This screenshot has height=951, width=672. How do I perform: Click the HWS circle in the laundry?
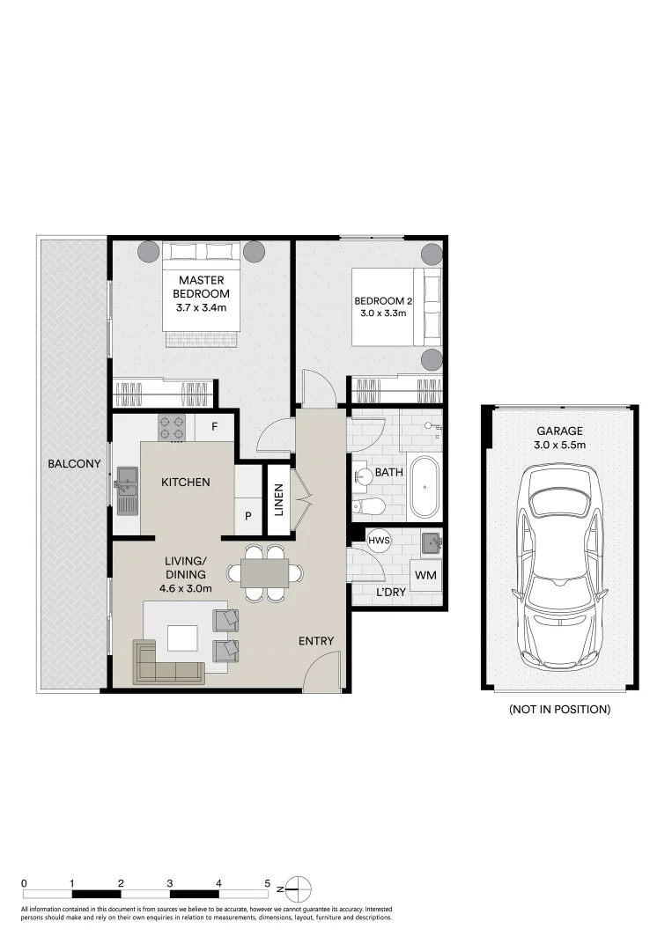point(379,541)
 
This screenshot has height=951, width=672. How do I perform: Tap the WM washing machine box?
point(425,576)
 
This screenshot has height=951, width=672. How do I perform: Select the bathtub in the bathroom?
point(425,486)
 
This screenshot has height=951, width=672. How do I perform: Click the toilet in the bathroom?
point(368,506)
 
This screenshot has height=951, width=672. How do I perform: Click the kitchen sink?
point(128,490)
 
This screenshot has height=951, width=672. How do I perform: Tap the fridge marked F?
point(214,426)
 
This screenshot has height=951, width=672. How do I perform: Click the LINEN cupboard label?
point(279,500)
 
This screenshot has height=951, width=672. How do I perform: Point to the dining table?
point(264,573)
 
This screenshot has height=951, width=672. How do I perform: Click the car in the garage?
point(559,568)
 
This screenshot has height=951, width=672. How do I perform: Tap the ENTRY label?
point(316,641)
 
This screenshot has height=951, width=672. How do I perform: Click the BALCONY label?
point(74,464)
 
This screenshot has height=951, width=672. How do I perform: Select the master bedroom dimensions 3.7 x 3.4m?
point(201,307)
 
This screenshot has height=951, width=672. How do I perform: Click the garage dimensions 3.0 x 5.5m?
point(560,446)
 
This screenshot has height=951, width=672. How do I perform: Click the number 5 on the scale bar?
point(268,884)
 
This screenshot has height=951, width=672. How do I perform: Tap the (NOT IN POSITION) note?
point(560,709)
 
